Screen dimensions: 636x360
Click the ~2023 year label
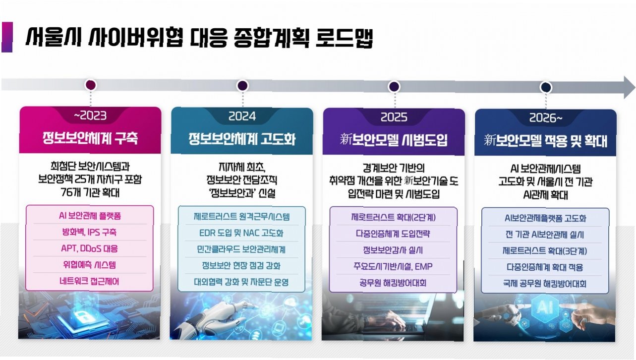(90, 117)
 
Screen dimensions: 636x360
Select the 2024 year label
(242, 117)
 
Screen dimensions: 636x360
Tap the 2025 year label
(394, 118)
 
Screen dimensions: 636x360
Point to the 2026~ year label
(545, 118)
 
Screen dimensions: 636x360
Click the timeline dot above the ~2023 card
(91, 85)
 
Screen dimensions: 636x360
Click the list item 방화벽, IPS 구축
(90, 232)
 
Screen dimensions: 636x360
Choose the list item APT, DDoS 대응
(90, 248)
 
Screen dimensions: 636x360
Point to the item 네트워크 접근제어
(90, 281)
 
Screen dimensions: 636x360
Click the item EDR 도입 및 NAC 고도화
(242, 233)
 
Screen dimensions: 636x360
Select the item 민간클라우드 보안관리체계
(242, 249)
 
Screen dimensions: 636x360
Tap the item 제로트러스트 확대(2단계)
(394, 217)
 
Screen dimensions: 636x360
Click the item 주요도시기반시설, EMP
(394, 267)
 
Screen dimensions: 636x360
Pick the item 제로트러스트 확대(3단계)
(545, 251)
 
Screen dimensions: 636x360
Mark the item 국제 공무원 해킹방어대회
(545, 284)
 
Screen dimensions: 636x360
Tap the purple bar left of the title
(7, 37)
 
